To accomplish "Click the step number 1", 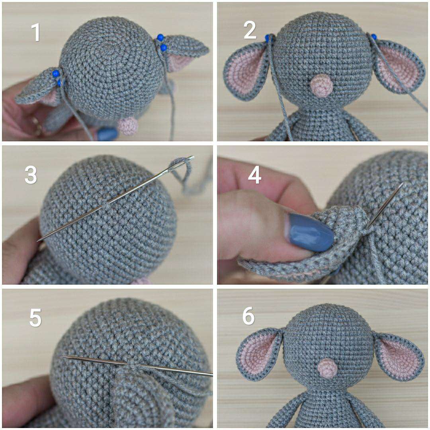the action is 36,32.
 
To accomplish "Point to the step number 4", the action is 254,176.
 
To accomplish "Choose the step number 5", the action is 35,318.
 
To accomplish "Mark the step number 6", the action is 248,316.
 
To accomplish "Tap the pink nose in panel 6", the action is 327,368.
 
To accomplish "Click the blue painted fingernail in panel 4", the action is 310,232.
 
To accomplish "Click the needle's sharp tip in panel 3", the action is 37,240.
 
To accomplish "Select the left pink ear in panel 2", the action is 246,71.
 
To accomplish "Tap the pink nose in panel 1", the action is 128,125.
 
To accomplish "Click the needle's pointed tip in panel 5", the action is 63,357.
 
